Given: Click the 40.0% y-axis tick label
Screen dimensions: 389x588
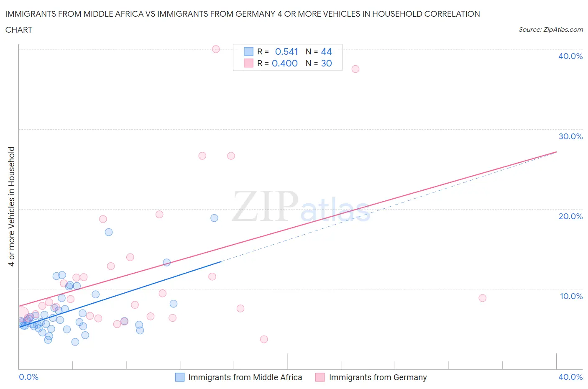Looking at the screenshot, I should coord(570,56).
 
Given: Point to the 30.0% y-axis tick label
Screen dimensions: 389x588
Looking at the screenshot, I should coord(570,136).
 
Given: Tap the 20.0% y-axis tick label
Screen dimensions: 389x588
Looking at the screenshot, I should coord(570,216).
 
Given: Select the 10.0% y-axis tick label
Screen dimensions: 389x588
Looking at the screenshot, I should coord(571,296).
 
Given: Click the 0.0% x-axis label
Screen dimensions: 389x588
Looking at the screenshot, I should coord(28,377).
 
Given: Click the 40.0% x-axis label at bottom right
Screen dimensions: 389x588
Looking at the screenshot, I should coord(570,377).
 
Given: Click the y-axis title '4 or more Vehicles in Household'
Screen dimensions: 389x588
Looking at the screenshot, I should coord(12,207).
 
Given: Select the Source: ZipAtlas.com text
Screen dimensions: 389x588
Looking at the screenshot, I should coord(550,29).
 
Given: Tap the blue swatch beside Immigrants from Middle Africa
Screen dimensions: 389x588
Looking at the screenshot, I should coord(179,377).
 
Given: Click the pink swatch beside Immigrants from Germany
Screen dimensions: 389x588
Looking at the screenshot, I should coord(320,377).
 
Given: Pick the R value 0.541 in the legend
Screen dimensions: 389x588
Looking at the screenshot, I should coord(286,51).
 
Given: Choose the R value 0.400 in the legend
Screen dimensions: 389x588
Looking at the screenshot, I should coord(285,63).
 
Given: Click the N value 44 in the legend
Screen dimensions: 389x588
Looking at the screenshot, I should coord(326,51).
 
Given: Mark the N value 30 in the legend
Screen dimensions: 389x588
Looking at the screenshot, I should coord(326,63).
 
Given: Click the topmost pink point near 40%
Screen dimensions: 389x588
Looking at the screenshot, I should coord(216,49).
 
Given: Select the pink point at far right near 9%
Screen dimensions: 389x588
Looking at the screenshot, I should coord(482,298).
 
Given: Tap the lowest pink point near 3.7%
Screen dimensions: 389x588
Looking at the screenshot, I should coord(264,339).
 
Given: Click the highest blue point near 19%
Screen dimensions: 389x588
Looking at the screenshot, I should coord(214,218).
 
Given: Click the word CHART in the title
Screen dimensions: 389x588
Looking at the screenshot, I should coord(19,30).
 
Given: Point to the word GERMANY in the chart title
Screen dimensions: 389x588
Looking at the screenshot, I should coord(250,14).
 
